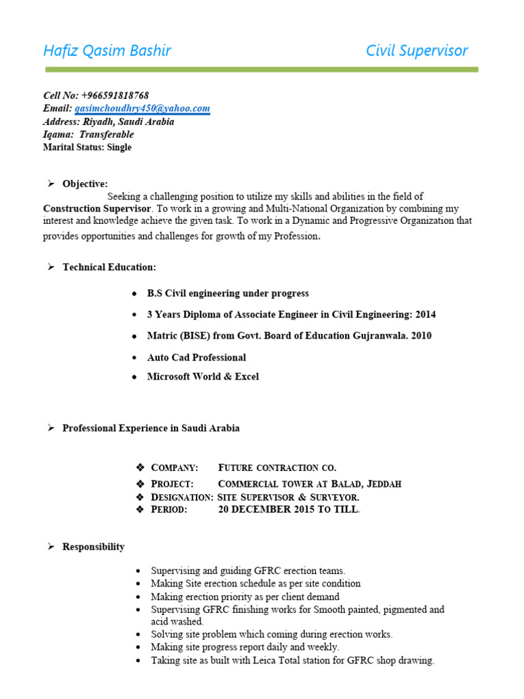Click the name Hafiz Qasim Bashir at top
click(107, 51)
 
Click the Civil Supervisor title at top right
click(417, 51)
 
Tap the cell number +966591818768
click(115, 96)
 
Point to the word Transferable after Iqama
click(106, 134)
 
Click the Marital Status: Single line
click(87, 147)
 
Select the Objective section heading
click(85, 184)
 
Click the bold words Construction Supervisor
click(98, 208)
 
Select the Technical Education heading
click(109, 267)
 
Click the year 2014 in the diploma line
click(424, 315)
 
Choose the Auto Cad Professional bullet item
click(196, 357)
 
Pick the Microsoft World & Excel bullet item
click(203, 376)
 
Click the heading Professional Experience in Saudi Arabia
click(151, 428)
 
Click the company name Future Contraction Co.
click(277, 468)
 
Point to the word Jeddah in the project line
click(384, 484)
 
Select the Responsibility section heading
click(93, 547)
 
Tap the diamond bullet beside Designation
click(141, 497)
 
